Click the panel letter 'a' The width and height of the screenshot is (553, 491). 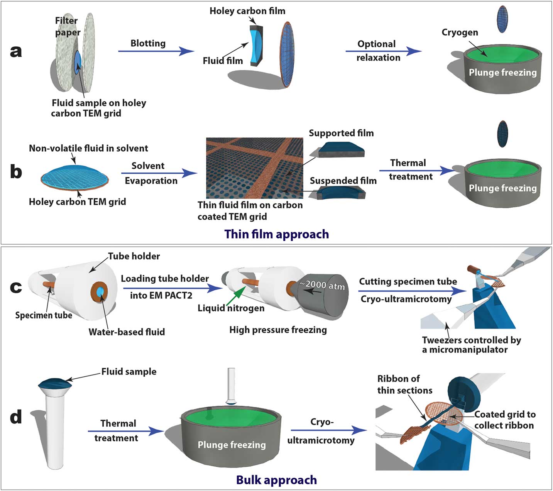point(16,51)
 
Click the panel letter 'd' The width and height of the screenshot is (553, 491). point(16,417)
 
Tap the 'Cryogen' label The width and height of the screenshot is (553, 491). point(460,32)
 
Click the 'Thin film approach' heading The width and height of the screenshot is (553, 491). point(276,234)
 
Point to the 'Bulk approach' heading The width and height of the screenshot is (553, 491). point(276,480)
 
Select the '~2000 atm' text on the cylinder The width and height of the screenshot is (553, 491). point(322,285)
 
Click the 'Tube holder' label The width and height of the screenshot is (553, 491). point(134,256)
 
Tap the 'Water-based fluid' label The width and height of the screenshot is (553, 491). point(127,332)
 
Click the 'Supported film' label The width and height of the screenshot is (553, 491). point(341,133)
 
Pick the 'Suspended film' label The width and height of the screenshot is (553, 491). point(343,181)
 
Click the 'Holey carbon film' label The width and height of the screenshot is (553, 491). point(247,11)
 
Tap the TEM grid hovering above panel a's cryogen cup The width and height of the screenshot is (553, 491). point(502,19)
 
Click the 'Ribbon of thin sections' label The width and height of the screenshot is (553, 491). point(404,384)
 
